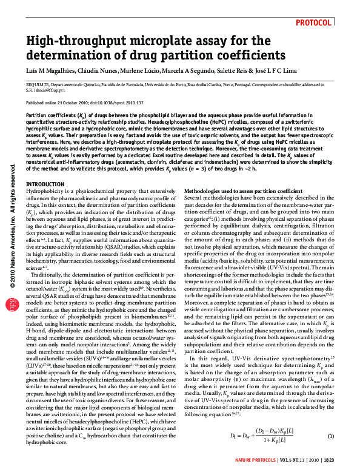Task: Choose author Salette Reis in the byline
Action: click(233, 71)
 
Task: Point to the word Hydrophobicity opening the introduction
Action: click(45, 190)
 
